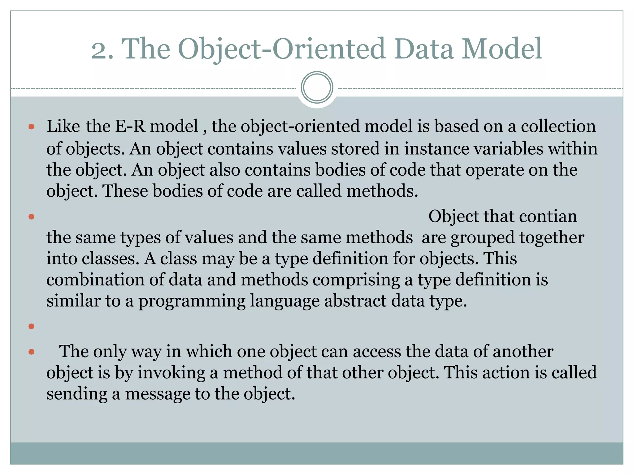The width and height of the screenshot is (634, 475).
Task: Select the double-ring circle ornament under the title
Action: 317,88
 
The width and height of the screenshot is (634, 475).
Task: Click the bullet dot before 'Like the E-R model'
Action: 31,126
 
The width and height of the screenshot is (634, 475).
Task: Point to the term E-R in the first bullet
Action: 130,126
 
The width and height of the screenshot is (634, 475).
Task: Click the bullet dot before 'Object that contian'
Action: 31,216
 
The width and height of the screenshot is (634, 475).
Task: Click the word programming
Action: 192,301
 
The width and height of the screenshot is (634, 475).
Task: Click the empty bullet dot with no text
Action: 31,326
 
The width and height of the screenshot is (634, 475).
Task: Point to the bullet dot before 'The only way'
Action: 31,352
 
